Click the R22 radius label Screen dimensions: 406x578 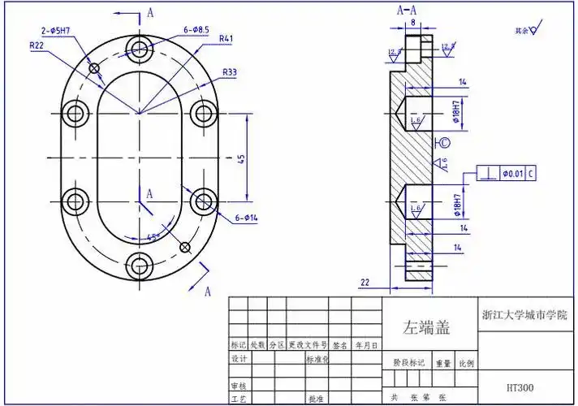pos(37,46)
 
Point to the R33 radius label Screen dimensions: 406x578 pos(230,73)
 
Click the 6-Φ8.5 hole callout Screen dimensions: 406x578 pos(197,30)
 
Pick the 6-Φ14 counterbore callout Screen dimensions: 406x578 pos(247,218)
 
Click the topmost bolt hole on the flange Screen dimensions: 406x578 pos(140,46)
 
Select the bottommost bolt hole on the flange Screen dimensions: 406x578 pos(140,262)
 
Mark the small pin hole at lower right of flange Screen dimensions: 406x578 pos(186,246)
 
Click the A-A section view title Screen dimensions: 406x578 pos(407,11)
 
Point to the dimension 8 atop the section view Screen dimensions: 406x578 pos(412,24)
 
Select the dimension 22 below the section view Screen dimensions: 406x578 pos(364,281)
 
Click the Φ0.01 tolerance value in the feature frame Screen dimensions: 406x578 pos(512,173)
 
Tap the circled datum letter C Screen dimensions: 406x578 pos(444,144)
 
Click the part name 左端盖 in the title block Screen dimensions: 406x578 pos(427,328)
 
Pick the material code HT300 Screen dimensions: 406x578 pos(520,387)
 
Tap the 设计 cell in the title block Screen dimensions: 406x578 pos(239,358)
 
